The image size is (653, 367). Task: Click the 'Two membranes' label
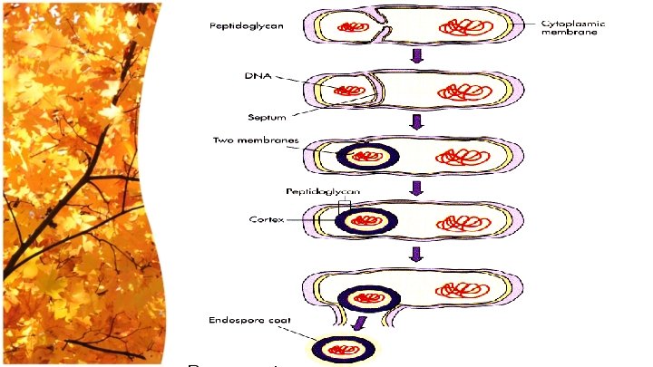250,140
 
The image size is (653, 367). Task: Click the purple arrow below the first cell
418,57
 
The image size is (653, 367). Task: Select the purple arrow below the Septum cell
418,122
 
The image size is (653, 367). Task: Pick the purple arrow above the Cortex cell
418,188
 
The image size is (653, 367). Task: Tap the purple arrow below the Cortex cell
418,255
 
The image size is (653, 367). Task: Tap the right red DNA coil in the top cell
462,27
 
